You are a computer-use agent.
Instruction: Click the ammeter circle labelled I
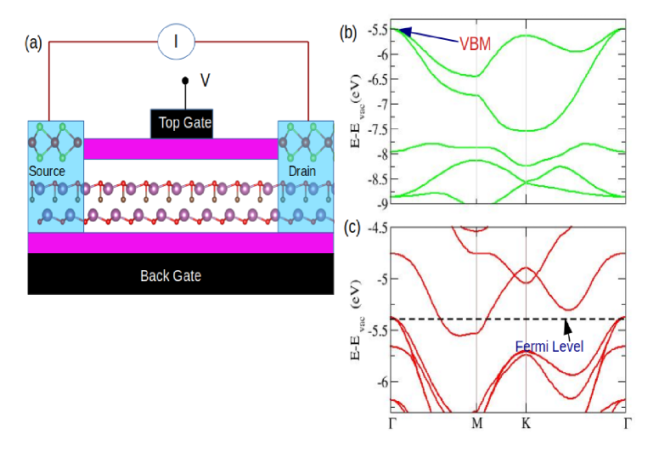point(177,40)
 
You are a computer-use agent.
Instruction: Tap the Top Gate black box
point(182,124)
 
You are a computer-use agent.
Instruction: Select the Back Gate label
point(171,276)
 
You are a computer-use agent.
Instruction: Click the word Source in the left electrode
point(47,172)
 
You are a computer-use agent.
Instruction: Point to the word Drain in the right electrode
point(302,172)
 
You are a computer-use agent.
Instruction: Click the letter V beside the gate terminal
point(205,80)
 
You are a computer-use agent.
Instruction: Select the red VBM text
point(475,44)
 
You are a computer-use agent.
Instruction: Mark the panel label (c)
point(348,228)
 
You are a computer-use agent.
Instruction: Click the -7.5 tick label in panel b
point(375,130)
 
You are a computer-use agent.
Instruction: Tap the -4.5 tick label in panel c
point(375,228)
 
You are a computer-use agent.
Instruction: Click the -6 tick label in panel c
point(380,381)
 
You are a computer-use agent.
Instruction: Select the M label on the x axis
point(476,423)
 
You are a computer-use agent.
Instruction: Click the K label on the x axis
point(527,423)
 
